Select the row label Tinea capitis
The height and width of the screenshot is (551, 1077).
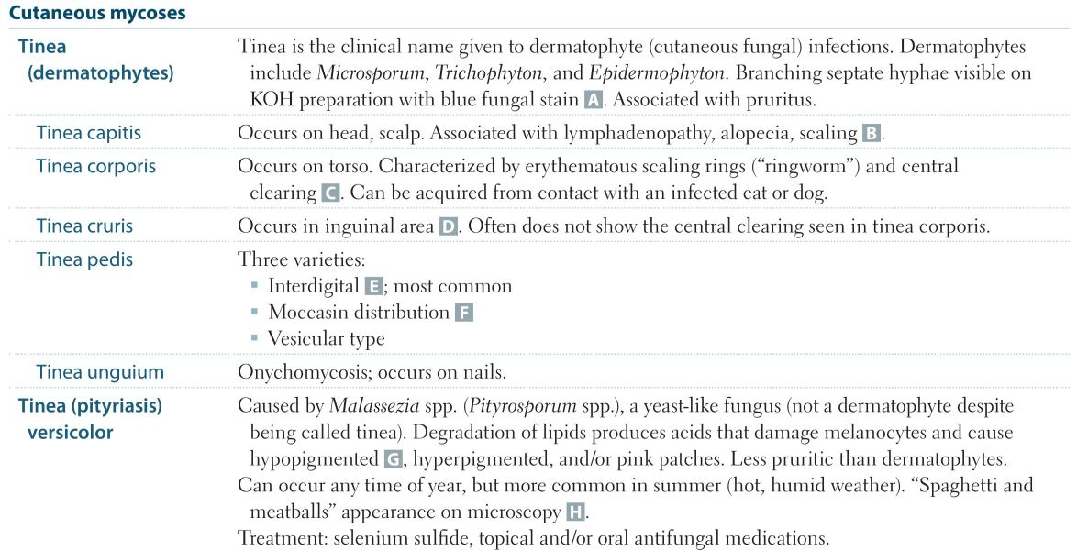pyautogui.click(x=89, y=133)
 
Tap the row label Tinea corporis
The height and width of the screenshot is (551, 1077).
pyautogui.click(x=96, y=167)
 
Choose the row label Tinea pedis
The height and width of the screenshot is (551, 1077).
pyautogui.click(x=84, y=259)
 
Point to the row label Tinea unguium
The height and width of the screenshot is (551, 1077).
pyautogui.click(x=100, y=372)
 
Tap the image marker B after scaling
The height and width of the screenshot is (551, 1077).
pyautogui.click(x=871, y=134)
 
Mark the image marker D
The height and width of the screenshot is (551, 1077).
pyautogui.click(x=448, y=226)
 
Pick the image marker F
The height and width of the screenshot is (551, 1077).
pyautogui.click(x=463, y=313)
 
